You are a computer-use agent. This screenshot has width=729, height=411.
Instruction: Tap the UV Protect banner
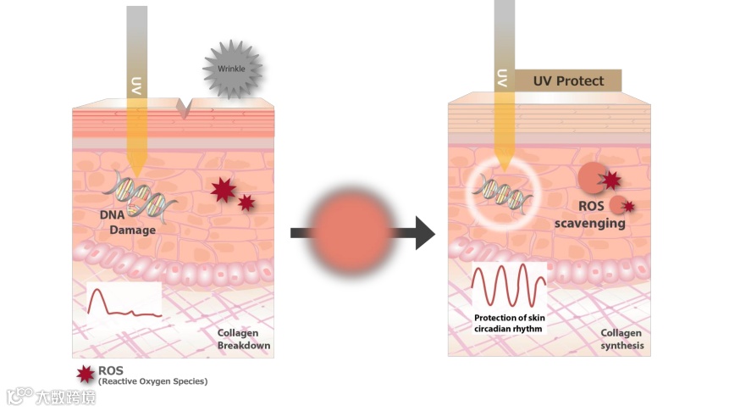point(568,81)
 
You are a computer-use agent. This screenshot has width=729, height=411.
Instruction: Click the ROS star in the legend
point(85,373)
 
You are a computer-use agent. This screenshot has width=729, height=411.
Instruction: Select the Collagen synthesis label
point(622,340)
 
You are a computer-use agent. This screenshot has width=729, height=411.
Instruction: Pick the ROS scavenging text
point(589,217)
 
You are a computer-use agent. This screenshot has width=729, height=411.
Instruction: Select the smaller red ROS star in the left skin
point(246,203)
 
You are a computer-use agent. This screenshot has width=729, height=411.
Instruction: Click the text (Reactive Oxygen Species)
point(152,381)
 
